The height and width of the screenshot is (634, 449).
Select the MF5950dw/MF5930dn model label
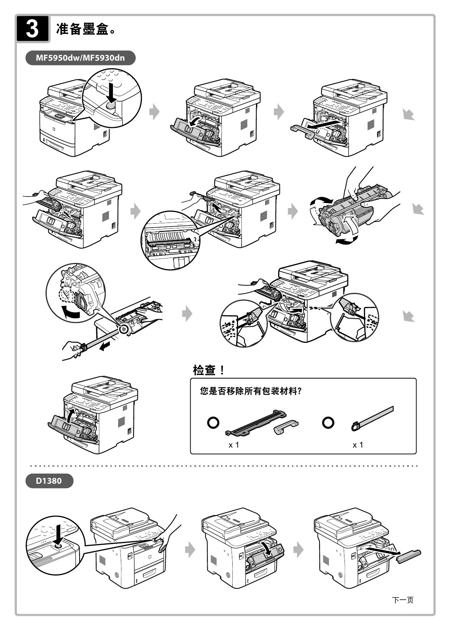(80, 58)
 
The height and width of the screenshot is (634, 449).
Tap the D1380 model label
(49, 481)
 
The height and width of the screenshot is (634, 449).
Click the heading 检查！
(209, 370)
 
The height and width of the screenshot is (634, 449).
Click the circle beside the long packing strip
(213, 422)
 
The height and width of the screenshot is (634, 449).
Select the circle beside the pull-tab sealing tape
(328, 422)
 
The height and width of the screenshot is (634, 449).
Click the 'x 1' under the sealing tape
(357, 445)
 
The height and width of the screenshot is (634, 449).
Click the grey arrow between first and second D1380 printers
(190, 550)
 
